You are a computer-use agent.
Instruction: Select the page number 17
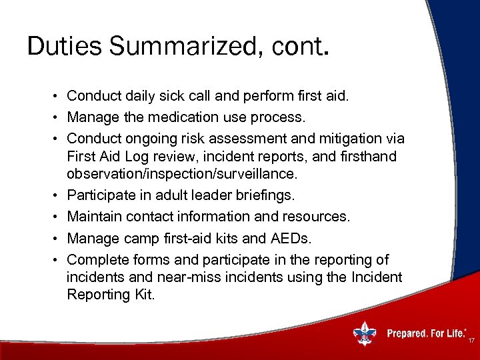click(x=471, y=341)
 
